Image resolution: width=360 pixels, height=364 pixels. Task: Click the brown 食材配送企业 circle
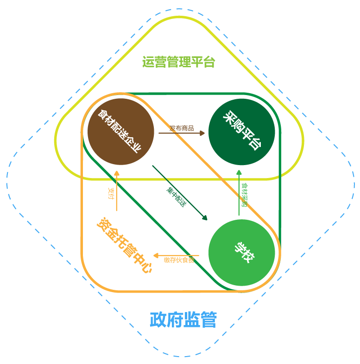point(120,131)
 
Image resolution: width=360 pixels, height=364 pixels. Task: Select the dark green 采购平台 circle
point(241,131)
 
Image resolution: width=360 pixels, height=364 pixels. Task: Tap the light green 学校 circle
point(241,253)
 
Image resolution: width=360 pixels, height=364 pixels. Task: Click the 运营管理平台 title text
point(178,62)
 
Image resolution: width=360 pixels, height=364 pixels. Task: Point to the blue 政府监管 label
point(183,320)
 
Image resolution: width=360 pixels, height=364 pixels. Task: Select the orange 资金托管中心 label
point(124,245)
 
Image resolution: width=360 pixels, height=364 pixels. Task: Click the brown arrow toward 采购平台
point(181,133)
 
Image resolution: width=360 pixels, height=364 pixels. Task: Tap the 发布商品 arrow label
point(181,128)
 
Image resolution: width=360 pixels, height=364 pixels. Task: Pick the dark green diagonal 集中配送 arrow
point(180,192)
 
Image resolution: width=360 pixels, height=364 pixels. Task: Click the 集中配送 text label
point(176,197)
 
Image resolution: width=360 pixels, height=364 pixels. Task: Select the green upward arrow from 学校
point(239,192)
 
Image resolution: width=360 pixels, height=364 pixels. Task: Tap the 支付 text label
point(111,194)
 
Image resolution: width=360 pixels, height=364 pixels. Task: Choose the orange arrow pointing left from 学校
point(176,255)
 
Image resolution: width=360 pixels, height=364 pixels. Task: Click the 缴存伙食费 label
point(179,261)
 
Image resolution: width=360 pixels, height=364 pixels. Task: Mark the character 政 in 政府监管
point(158,320)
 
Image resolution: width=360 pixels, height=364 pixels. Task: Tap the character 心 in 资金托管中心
point(145,267)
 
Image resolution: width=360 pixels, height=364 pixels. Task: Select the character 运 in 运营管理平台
point(148,62)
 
